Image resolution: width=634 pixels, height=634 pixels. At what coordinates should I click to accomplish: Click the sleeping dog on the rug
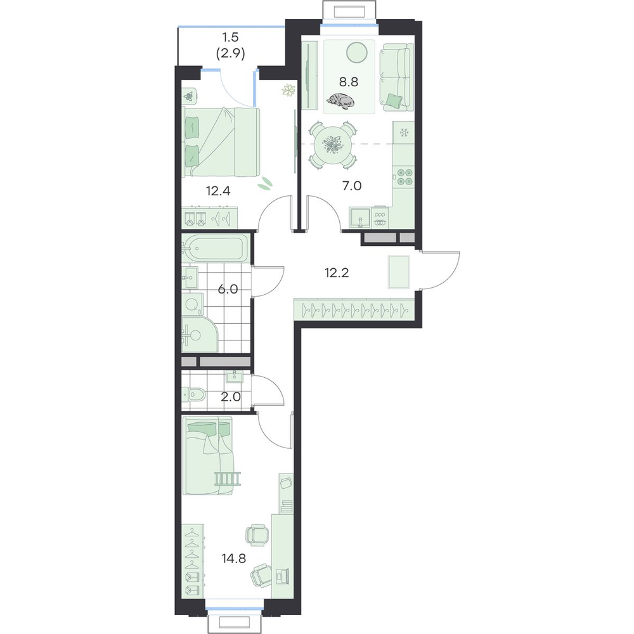pos(340,101)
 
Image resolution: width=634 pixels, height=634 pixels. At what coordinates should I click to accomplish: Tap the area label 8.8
pos(349,82)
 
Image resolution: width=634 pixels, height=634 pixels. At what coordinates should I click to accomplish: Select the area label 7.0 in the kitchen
pos(352,186)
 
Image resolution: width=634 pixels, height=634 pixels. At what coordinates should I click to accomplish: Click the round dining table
pos(333,145)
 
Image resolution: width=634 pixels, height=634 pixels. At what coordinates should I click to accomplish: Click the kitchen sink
pos(360,217)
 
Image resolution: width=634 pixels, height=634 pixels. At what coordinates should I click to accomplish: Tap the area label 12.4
pos(218,191)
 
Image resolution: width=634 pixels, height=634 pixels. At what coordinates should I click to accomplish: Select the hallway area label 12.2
pos(337,273)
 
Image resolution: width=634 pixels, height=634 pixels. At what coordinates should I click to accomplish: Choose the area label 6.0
pos(228,289)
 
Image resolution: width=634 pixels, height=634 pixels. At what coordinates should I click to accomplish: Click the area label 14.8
pos(234,559)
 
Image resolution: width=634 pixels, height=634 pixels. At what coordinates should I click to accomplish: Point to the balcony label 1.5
pos(230,37)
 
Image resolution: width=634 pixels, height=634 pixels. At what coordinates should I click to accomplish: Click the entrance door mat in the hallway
pos(399,272)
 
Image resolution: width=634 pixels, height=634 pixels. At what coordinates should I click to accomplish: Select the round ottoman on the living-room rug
pos(357,53)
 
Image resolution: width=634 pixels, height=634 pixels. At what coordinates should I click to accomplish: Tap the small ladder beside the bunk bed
pos(228,479)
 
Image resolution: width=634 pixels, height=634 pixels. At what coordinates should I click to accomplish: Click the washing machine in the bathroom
pos(193,304)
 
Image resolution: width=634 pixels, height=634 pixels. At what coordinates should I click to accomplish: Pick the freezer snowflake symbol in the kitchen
pos(403,133)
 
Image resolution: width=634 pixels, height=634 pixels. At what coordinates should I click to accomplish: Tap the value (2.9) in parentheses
pos(230,53)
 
